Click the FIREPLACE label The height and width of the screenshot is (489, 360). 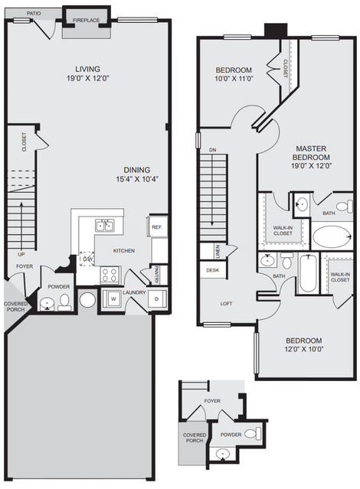click(87, 20)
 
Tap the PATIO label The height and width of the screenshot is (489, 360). click(34, 14)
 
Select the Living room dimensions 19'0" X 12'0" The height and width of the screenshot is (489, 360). click(88, 78)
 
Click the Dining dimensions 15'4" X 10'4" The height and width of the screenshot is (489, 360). click(137, 179)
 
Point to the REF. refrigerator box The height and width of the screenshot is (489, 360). click(157, 227)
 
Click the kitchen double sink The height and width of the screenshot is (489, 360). click(105, 225)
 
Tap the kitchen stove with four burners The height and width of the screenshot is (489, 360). click(110, 275)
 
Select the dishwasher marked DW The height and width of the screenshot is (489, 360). click(87, 259)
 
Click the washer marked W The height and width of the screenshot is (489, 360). click(113, 298)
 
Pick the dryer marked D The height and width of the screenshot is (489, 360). click(157, 299)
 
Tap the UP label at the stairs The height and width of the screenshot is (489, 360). click(21, 254)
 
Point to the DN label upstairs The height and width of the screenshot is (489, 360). click(213, 150)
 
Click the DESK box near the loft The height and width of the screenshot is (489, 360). click(213, 270)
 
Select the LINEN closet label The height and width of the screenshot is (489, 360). click(218, 252)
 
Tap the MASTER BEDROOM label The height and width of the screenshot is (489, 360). click(311, 153)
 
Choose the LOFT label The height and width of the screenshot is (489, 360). click(227, 303)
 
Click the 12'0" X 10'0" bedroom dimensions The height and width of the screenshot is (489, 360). click(304, 349)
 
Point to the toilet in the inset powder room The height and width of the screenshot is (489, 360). click(254, 433)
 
